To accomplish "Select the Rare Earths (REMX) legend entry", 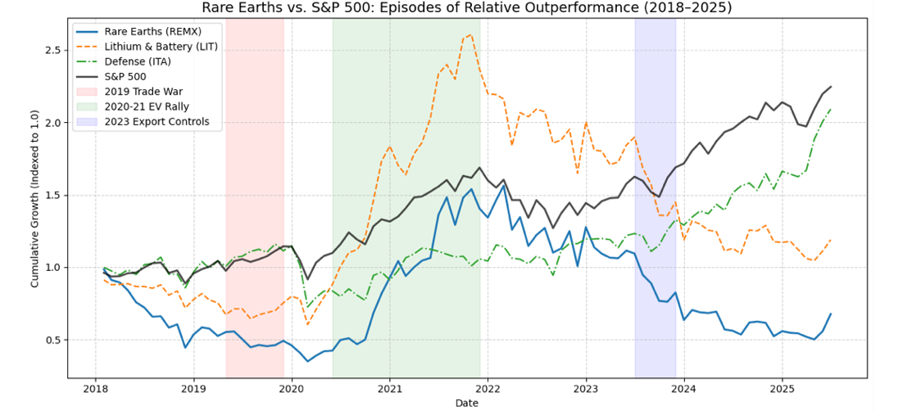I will click(148, 33).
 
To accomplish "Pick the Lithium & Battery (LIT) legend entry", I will click(155, 47).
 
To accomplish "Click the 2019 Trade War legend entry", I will click(144, 92).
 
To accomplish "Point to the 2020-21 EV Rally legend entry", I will click(148, 106).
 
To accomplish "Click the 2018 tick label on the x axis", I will click(95, 386).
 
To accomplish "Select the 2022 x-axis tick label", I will click(488, 386).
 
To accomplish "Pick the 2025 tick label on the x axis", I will click(783, 386).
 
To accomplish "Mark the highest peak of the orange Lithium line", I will click(471, 35).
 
